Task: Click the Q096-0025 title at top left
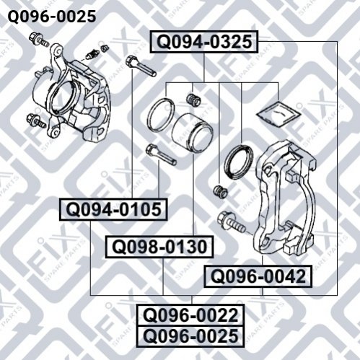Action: tap(52, 17)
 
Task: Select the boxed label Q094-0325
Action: tap(204, 42)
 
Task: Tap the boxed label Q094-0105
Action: tap(113, 209)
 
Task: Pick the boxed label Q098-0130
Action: tap(159, 247)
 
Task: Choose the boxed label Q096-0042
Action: tap(258, 276)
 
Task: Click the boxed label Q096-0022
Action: tap(190, 315)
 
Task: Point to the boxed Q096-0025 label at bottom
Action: tap(190, 336)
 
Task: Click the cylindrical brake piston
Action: tap(193, 132)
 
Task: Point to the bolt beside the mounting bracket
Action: tap(231, 221)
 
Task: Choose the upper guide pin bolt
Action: tap(141, 66)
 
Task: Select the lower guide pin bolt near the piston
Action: tap(161, 154)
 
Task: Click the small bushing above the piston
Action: tap(193, 100)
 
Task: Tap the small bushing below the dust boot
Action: tap(220, 192)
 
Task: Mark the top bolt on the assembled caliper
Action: tap(38, 40)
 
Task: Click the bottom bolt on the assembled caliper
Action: tap(36, 121)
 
